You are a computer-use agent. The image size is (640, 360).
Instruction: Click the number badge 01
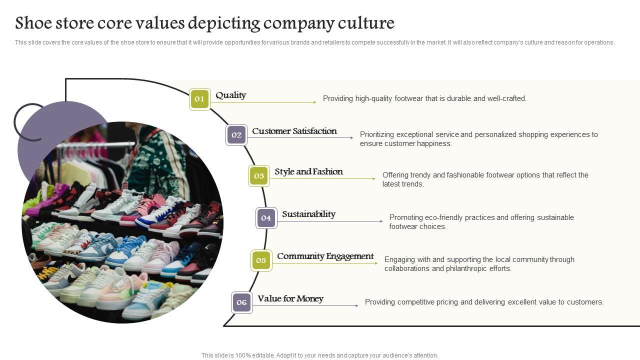199,99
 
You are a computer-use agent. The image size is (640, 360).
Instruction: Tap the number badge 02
236,134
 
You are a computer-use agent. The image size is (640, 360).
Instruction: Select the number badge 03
258,176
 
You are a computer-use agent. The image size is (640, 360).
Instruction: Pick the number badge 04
266,218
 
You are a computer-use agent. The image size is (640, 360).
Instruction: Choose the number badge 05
261,260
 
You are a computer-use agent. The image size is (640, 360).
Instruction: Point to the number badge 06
241,302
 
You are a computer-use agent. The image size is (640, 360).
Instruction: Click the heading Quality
230,95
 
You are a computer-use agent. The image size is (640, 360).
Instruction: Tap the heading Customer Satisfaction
294,131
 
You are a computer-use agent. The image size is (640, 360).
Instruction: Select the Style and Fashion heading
308,171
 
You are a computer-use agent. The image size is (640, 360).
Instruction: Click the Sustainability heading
308,214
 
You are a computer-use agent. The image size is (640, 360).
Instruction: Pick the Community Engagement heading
325,256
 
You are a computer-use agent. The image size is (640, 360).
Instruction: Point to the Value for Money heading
290,298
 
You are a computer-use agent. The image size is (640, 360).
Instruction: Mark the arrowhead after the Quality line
314,102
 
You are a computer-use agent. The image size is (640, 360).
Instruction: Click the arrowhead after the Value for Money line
356,305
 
